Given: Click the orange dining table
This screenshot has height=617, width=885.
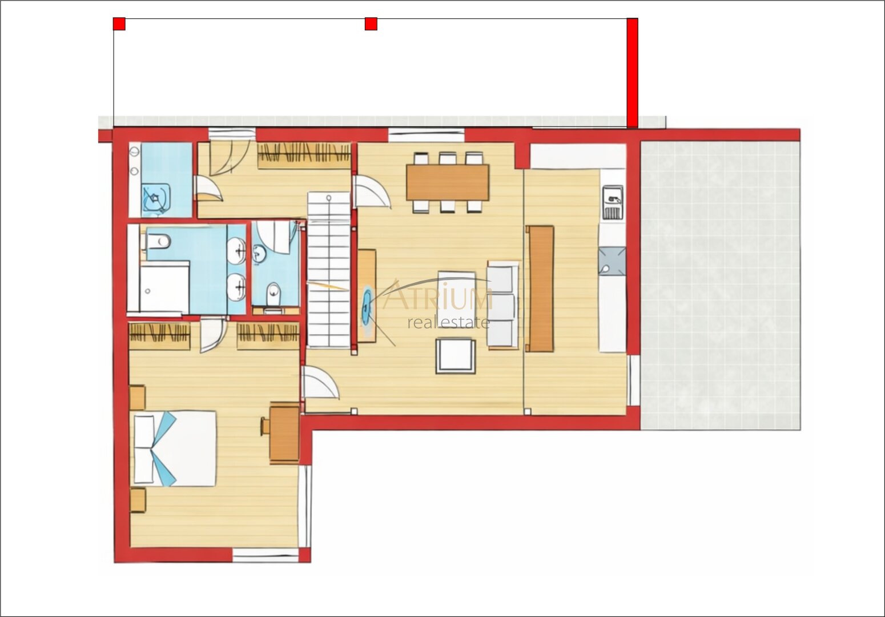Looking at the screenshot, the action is coord(448,182).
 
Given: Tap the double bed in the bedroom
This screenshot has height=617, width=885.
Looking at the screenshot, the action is coord(175,448).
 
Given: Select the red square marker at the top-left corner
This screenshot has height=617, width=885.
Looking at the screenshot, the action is coord(119,24).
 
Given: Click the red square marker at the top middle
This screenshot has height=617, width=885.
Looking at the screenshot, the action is coord(371,24).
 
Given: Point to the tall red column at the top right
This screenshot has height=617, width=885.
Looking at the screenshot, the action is coord(632,73).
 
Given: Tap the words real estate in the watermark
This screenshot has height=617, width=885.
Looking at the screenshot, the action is coord(448,323).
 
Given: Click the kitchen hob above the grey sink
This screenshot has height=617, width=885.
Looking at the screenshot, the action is coord(613,202).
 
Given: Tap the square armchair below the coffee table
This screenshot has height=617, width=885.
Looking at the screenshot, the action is coord(456,356).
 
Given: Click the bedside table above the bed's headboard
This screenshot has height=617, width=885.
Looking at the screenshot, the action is coord(137,396).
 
